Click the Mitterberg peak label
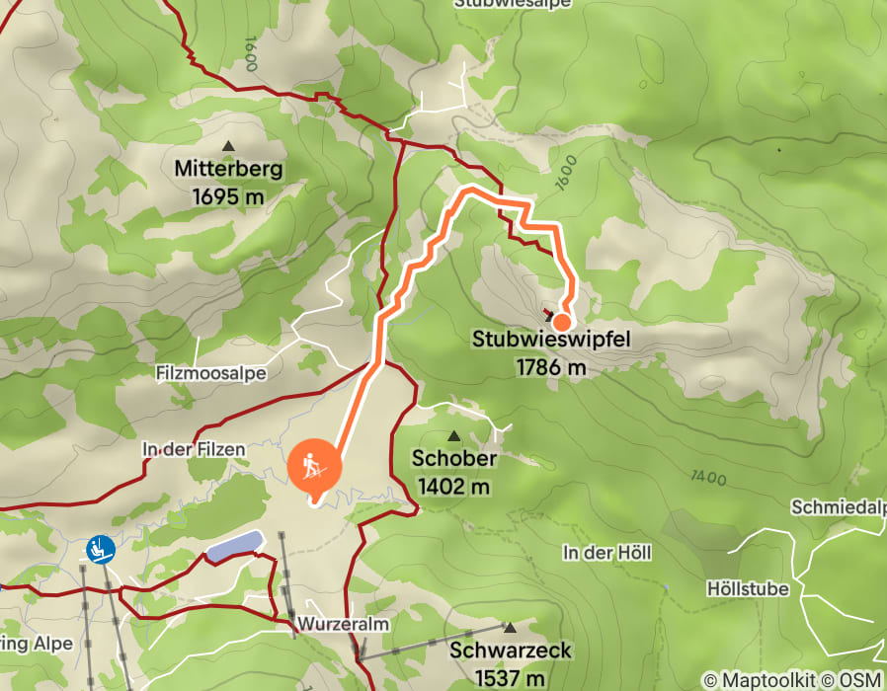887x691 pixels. click(x=228, y=169)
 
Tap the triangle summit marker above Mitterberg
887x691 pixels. click(x=229, y=146)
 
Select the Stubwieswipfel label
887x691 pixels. click(x=550, y=341)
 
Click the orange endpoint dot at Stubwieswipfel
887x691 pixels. click(x=561, y=322)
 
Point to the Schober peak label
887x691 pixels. click(x=454, y=459)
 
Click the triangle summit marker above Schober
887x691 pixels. click(x=454, y=436)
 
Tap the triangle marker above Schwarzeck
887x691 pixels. click(x=510, y=628)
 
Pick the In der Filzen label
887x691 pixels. click(x=180, y=449)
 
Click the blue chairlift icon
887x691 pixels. click(x=99, y=549)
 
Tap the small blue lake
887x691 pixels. click(x=235, y=546)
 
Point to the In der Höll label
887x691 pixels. click(x=607, y=552)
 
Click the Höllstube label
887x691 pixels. click(x=748, y=588)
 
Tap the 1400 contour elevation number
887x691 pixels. click(x=709, y=479)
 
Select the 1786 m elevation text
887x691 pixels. click(x=550, y=367)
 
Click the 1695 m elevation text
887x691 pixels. click(x=228, y=196)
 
